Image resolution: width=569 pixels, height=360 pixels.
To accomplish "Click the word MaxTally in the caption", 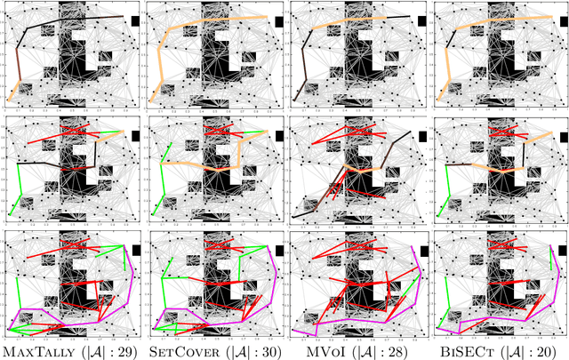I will pos(36,352).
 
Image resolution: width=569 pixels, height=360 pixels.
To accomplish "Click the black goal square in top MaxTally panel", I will pos(135,20).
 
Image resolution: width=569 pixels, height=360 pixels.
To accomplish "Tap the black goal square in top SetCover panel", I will pos(279,20).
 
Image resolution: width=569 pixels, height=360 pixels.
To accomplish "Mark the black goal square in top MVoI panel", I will pos(423,20).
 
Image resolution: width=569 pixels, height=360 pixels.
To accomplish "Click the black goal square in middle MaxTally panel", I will pos(135,135).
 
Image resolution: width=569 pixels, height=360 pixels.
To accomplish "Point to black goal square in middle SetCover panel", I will pos(279,135).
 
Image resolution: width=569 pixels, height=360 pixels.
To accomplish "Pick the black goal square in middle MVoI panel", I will pos(423,135).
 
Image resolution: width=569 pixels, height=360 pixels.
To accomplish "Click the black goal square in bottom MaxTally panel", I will pos(135,251).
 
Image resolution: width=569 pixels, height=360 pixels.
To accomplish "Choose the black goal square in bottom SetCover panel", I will pos(279,251).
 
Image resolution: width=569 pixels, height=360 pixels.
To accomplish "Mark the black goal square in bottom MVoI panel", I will pos(423,251).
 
